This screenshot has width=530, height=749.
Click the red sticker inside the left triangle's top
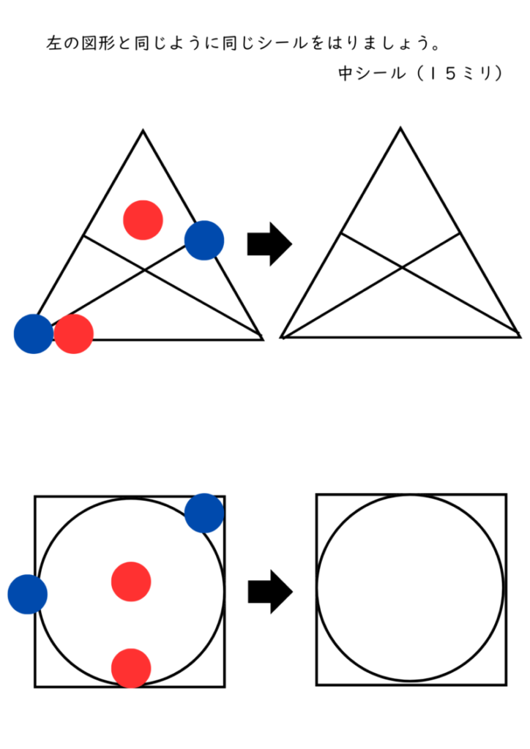pos(143,219)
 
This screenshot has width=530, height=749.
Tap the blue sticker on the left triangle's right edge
pos(204,240)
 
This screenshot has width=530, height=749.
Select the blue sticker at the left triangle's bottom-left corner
pos(34,334)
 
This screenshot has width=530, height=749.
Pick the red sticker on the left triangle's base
pos(74,334)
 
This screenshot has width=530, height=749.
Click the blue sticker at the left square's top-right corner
pos(204,513)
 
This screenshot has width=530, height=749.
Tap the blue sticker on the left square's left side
pos(28,594)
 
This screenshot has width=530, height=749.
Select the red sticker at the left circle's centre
pos(131,581)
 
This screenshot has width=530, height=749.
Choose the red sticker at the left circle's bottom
pos(131,668)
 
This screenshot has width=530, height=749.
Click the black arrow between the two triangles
pos(269,244)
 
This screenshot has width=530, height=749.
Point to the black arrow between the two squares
pos(269,591)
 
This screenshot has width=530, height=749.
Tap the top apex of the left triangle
pos(143,131)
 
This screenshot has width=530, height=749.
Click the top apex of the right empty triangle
pos(400,129)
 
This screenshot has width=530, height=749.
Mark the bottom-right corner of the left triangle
pos(261,339)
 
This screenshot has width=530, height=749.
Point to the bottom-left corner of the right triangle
pos(282,337)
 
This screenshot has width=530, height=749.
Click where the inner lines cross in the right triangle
pos(401,268)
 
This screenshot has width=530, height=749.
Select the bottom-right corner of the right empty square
pos(505,685)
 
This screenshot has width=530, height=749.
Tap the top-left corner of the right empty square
pos(317,495)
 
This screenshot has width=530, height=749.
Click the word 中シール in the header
pos(369,74)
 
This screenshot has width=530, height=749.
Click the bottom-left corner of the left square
pos(35,686)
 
